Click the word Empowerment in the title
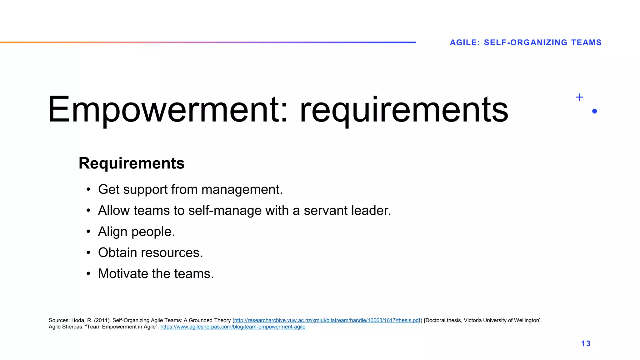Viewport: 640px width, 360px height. click(164, 110)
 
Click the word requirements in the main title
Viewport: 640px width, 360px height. click(404, 110)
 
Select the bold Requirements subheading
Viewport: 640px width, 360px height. click(132, 163)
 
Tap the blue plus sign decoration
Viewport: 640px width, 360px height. click(579, 97)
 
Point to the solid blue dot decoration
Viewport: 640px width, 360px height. click(594, 111)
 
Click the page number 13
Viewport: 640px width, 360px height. click(586, 343)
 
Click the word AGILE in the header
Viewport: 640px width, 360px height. click(463, 42)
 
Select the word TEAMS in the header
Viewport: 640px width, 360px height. click(586, 42)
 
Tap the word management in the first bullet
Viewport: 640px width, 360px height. click(242, 190)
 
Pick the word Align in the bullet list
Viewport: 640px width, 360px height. click(112, 232)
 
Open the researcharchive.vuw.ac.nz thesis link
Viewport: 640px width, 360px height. click(327, 320)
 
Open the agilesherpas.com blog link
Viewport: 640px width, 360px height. click(233, 327)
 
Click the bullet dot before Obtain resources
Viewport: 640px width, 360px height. click(88, 252)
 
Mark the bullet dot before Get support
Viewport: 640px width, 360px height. click(88, 189)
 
